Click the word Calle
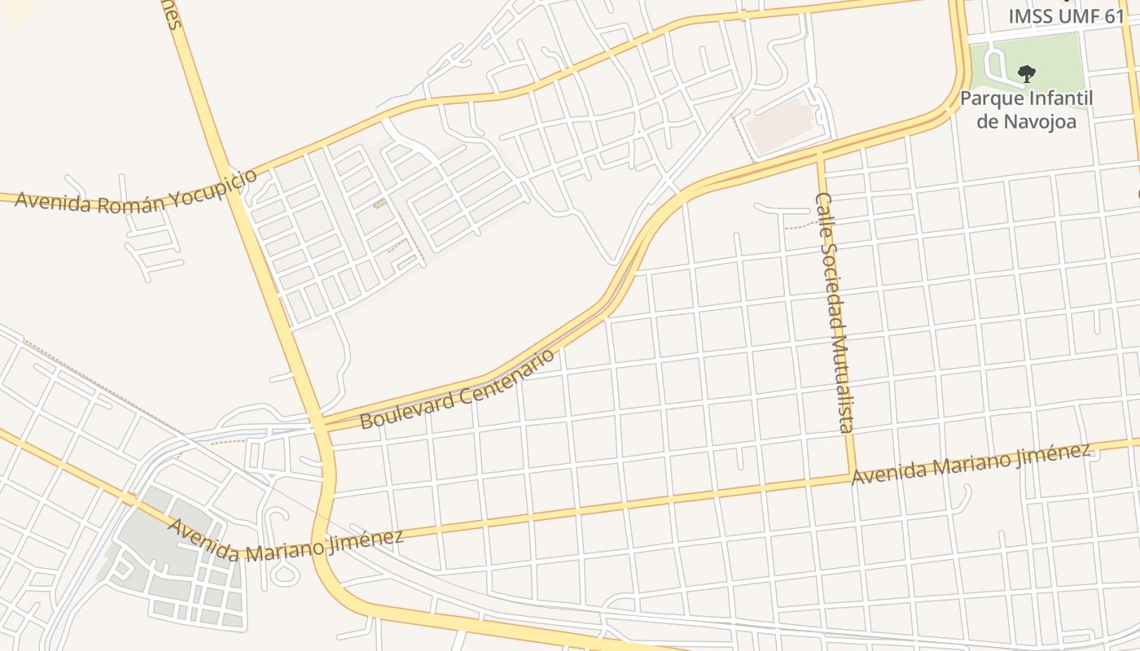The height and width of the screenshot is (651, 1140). click(824, 212)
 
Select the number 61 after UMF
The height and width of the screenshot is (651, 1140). click(1114, 16)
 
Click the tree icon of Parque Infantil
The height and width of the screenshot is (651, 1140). click(1027, 74)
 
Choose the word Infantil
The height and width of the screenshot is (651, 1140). click(1055, 99)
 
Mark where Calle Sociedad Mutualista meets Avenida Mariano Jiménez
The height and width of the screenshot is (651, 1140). click(852, 474)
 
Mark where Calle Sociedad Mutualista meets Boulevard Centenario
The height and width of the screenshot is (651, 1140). click(820, 154)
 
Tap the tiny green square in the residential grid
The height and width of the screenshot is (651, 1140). click(379, 203)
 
